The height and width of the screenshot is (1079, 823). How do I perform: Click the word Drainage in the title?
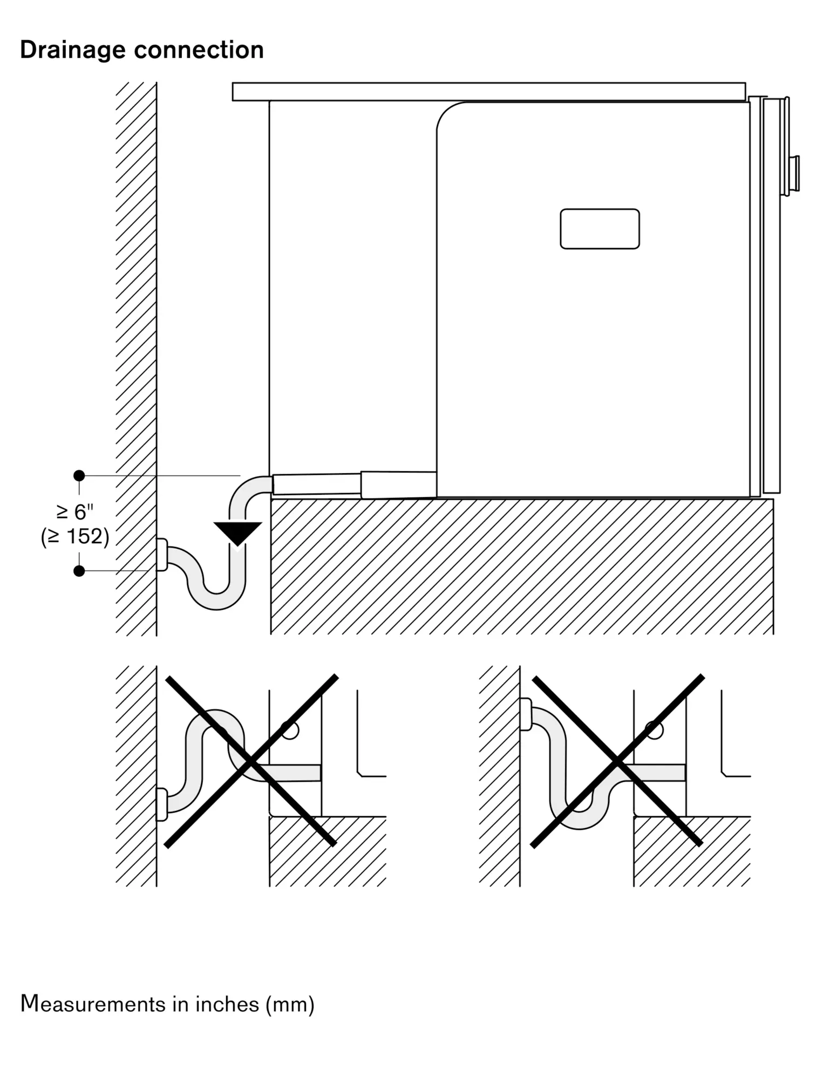point(72,50)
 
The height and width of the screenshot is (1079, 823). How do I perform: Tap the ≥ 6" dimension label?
point(75,511)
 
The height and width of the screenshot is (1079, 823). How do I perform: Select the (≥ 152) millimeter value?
point(75,537)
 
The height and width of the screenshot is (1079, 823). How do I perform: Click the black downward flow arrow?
point(237,532)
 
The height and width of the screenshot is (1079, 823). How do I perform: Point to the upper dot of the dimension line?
point(79,475)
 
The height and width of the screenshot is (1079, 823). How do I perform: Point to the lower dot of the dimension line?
point(79,571)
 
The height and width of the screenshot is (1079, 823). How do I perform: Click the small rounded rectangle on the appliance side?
point(600,229)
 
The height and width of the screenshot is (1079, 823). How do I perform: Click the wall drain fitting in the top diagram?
point(161,555)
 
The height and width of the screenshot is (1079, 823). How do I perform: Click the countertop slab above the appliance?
point(488,92)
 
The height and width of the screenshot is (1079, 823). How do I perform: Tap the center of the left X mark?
point(251,761)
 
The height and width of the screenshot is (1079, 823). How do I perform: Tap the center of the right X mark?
point(617,761)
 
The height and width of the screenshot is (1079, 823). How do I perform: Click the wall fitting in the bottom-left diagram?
point(161,804)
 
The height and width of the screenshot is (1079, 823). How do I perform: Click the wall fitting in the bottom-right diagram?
point(525,714)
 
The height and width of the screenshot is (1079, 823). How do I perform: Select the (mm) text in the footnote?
point(290,1005)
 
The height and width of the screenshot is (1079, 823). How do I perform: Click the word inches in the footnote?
point(227,1004)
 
